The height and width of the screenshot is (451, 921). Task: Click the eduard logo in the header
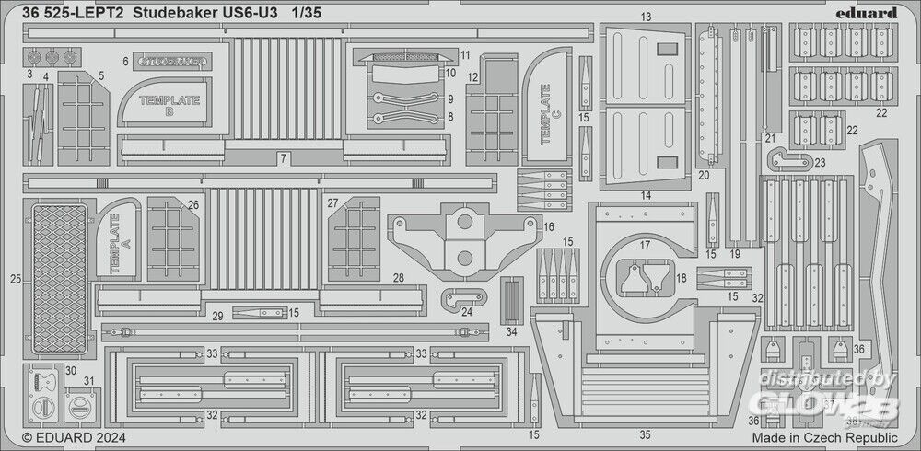click(869, 13)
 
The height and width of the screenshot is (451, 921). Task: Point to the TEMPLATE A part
click(117, 242)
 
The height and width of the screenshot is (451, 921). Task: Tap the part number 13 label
click(646, 17)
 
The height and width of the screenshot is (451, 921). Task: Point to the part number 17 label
click(645, 245)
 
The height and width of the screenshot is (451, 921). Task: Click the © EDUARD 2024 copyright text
click(74, 438)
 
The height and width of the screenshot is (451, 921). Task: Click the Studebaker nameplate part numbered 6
click(174, 61)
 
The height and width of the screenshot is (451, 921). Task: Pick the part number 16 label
click(549, 225)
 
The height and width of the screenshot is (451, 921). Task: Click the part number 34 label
click(511, 330)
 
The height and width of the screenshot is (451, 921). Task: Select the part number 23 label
click(819, 162)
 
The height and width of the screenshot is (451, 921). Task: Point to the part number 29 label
click(217, 316)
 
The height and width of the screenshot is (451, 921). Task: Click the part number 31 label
click(89, 381)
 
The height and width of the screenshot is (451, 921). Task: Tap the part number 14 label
click(645, 195)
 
